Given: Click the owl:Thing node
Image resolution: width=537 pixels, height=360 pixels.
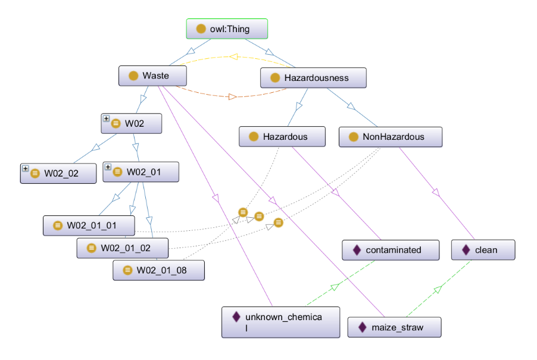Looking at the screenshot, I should [x=227, y=29].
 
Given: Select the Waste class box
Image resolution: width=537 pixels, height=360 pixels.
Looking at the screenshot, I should [x=152, y=76].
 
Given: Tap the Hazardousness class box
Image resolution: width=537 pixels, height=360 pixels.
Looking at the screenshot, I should [x=313, y=77].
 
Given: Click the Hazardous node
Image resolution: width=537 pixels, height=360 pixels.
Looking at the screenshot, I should [x=282, y=136].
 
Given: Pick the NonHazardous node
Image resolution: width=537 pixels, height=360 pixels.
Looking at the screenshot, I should [x=390, y=136].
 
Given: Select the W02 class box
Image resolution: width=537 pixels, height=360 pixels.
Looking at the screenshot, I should [x=131, y=123].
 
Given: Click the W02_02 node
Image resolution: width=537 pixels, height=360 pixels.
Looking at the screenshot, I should [x=58, y=173].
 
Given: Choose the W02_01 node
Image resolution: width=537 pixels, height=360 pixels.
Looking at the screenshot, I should [x=141, y=172].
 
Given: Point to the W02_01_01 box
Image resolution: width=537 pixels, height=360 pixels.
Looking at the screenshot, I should [x=89, y=226].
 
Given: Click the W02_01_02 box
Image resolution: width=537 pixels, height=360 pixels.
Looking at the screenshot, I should [x=122, y=248].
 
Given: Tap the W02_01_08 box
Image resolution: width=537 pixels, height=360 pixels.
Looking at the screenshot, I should [x=158, y=270].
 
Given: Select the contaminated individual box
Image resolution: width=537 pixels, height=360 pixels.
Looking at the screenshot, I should [x=391, y=250].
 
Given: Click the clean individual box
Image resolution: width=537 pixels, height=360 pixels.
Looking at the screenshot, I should [x=483, y=250].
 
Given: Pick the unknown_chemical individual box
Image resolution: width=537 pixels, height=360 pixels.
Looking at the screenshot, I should [x=280, y=323].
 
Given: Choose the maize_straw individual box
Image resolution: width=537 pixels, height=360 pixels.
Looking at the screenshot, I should [x=395, y=327].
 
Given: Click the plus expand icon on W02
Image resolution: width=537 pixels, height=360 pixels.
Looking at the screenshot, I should [x=107, y=118].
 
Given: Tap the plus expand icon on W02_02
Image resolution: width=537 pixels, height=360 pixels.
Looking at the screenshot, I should [x=26, y=168].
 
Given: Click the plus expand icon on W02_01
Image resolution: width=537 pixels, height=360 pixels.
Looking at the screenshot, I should [x=108, y=168].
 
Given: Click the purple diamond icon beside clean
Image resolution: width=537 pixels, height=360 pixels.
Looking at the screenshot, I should [x=466, y=250].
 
